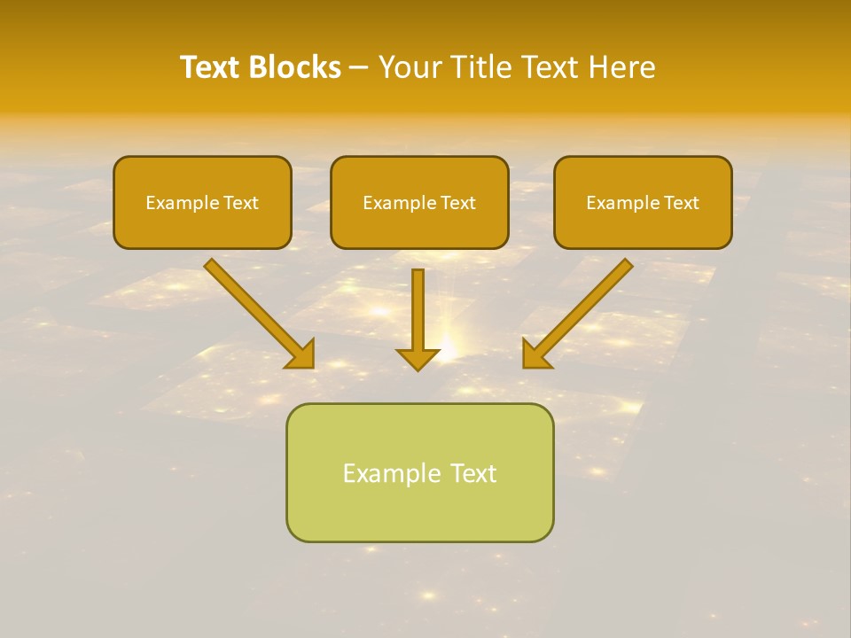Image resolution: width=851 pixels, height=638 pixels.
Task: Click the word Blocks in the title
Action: pos(293,67)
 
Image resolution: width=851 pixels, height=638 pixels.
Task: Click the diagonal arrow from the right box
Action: pos(581,310)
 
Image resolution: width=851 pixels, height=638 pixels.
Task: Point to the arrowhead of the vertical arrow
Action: pos(418,359)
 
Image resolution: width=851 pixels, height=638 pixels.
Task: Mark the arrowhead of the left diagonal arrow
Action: pos(301,354)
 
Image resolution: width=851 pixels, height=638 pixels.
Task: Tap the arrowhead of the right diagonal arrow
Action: pos(535,354)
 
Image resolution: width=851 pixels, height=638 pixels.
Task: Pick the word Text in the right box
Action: pos(681,203)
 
